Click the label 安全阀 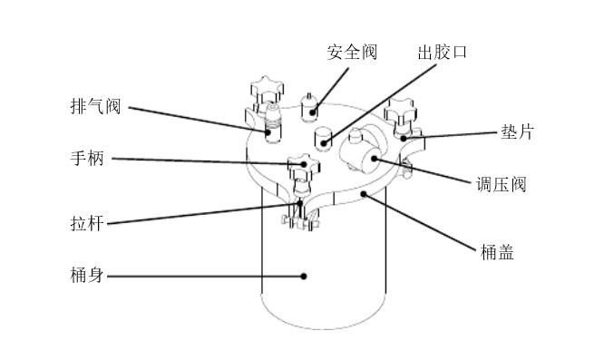coord(351,52)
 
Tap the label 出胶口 coord(442,52)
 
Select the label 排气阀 coord(94,107)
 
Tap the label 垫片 coord(516,132)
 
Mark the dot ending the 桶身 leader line coord(305,275)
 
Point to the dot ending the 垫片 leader coord(403,140)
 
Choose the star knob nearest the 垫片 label coord(400,114)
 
